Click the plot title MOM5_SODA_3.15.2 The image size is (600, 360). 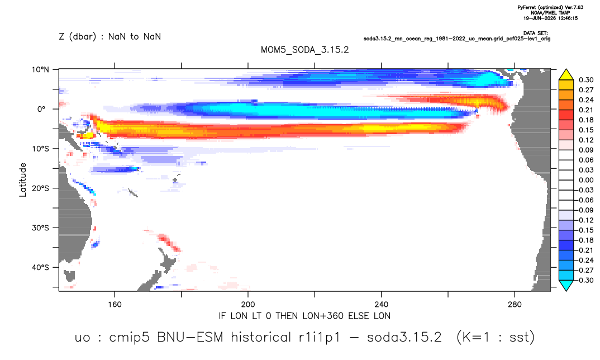[304, 50]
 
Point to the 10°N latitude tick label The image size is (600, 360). [41, 70]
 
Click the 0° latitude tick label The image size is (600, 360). [41, 109]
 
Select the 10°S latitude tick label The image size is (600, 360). [41, 149]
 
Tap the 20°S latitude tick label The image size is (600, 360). [41, 188]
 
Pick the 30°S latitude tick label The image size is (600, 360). [41, 228]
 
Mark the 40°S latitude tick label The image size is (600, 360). [41, 267]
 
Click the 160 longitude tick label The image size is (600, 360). [115, 305]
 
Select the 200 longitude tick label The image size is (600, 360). [248, 305]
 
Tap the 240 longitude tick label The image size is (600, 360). [381, 305]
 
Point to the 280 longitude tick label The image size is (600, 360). [515, 305]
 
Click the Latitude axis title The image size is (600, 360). [22, 180]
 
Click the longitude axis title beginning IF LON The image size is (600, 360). [304, 316]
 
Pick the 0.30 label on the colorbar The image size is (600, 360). [586, 80]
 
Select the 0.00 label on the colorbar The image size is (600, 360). [586, 180]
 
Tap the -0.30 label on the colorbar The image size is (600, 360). [585, 280]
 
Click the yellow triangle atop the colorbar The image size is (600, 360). [566, 75]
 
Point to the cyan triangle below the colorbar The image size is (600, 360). [566, 285]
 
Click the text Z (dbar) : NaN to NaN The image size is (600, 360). [110, 37]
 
